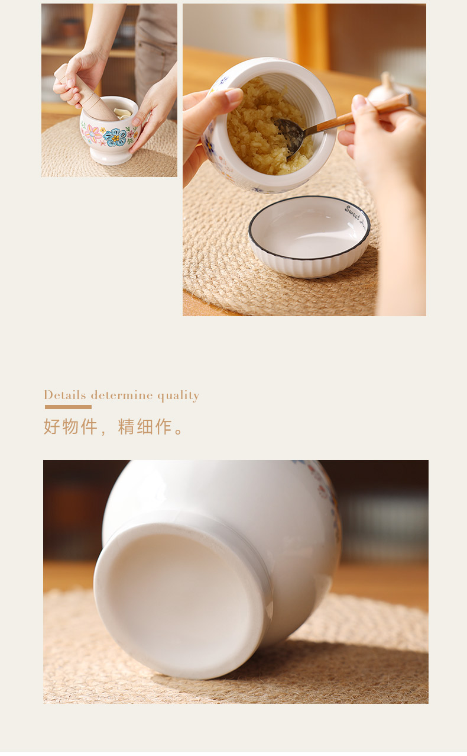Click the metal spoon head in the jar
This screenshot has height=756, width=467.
pyautogui.click(x=290, y=134)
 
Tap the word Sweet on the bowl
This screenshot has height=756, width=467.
pyautogui.click(x=353, y=211)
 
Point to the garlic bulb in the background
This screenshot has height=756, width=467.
pyautogui.click(x=387, y=89)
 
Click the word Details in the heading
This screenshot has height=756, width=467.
pyautogui.click(x=65, y=395)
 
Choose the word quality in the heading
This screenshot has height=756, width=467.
pyautogui.click(x=178, y=395)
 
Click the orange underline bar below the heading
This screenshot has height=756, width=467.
pyautogui.click(x=68, y=407)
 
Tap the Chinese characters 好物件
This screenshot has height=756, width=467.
pyautogui.click(x=70, y=426)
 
